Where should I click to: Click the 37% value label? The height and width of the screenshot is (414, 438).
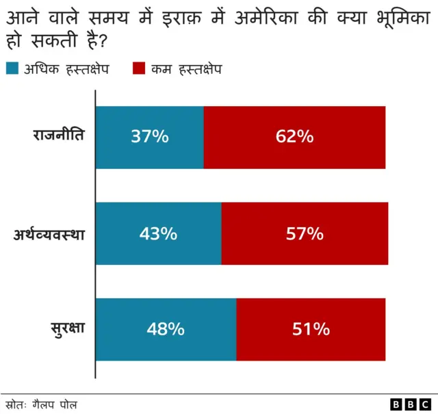150,137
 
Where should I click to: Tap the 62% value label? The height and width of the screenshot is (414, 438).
295,137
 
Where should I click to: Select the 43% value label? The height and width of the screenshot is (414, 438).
158,233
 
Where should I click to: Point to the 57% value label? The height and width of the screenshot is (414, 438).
305,233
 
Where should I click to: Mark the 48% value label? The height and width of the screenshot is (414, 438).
166,329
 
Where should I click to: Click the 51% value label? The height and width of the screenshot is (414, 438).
311,329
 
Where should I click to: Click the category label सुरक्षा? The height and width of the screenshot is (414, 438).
67,328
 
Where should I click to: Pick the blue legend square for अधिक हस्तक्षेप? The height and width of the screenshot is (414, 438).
12,68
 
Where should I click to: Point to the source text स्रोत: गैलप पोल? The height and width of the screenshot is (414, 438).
42,404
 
